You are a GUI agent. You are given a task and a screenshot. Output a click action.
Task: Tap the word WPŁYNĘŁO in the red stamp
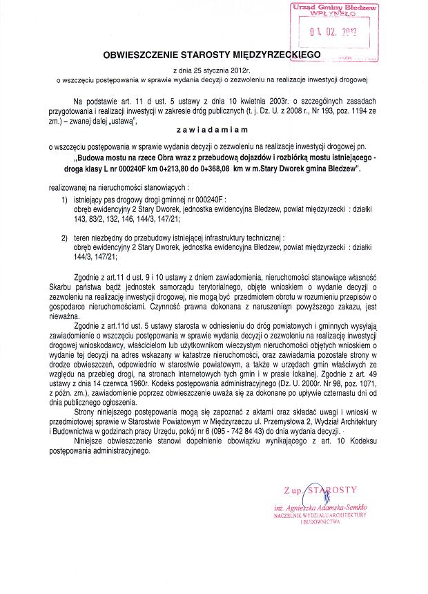point(333,13)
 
